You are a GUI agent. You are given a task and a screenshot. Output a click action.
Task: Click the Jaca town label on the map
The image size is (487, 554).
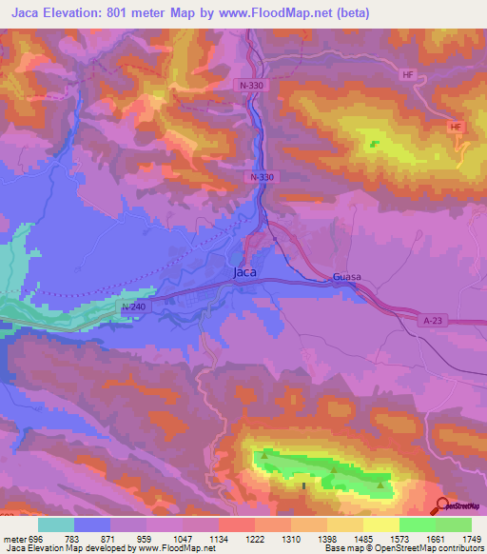[x=244, y=272]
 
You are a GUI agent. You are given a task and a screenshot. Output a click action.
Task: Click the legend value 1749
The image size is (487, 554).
[x=470, y=538]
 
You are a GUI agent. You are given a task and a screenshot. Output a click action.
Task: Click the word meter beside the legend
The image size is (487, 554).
[x=13, y=538]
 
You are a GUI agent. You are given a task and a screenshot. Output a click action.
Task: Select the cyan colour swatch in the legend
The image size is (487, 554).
[x=56, y=524]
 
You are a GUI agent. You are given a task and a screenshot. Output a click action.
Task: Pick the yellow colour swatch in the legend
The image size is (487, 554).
[x=380, y=524]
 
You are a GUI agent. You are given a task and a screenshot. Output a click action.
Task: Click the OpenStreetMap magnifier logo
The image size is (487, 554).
[x=442, y=505]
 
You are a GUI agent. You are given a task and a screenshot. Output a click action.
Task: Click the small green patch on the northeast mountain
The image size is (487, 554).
[x=373, y=145]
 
